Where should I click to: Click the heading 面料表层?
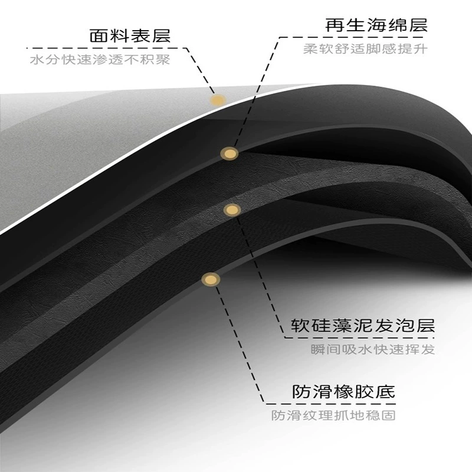(130, 36)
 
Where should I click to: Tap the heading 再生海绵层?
(376, 25)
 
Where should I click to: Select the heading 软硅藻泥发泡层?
(363, 326)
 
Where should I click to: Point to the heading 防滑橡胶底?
(343, 392)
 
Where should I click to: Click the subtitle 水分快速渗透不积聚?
(100, 60)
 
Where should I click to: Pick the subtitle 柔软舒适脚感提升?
(365, 49)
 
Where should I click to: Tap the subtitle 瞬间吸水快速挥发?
(373, 349)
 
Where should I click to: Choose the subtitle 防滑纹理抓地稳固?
(333, 415)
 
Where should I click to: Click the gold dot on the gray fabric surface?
(218, 100)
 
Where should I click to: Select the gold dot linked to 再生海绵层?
(230, 154)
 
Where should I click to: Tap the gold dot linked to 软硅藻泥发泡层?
(232, 210)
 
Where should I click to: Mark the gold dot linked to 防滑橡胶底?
(211, 280)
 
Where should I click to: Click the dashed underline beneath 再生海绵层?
(351, 37)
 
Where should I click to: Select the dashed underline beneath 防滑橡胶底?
(330, 404)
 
